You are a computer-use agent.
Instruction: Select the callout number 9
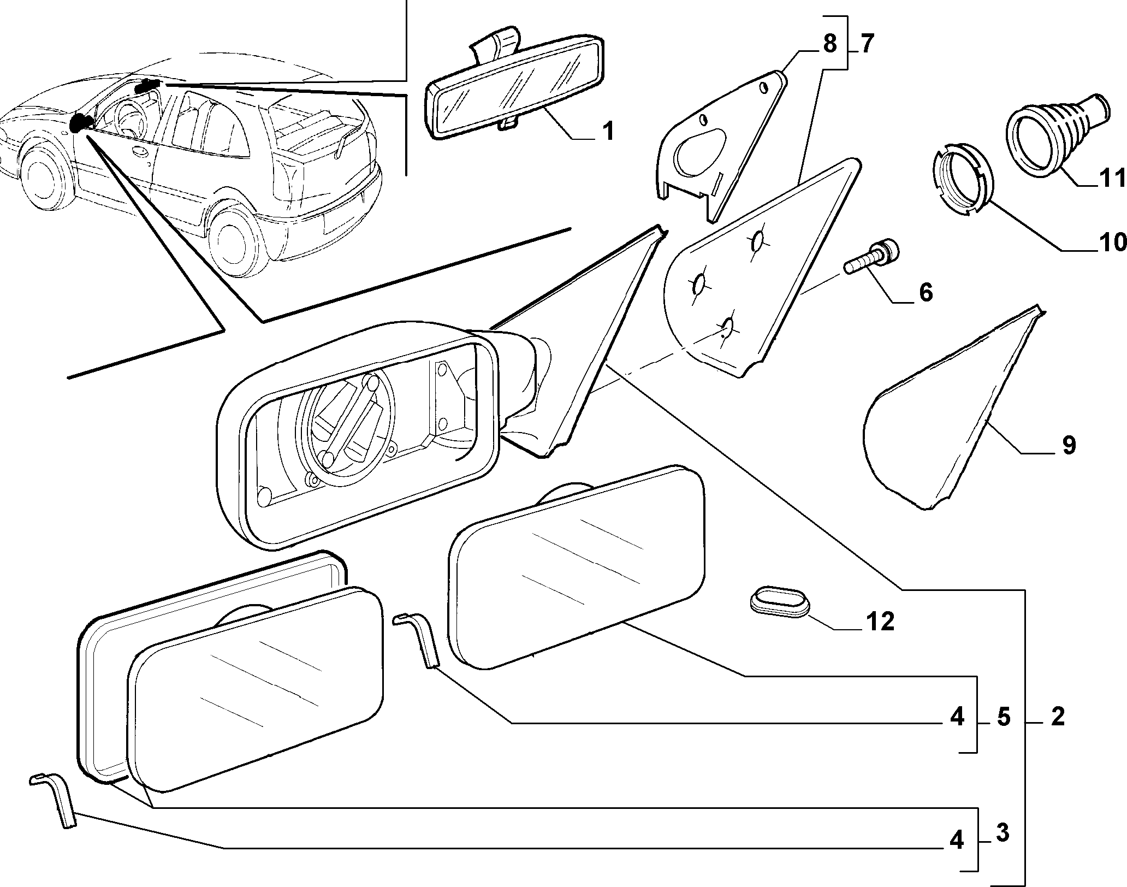click(x=1069, y=445)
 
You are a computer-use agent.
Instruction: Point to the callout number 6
click(x=926, y=292)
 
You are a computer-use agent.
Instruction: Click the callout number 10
click(x=1111, y=242)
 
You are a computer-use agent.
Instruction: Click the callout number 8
click(x=829, y=43)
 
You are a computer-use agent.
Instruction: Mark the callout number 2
click(x=1058, y=716)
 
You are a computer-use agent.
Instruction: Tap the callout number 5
click(x=1004, y=717)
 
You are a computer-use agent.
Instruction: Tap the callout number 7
click(x=868, y=43)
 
